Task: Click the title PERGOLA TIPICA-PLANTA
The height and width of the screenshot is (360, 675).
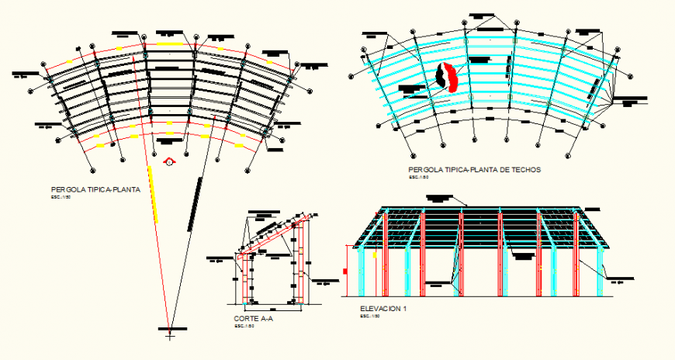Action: (x=95, y=189)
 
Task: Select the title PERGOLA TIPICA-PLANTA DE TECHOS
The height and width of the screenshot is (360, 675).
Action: (x=474, y=169)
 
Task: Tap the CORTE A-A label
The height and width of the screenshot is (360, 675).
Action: (x=253, y=319)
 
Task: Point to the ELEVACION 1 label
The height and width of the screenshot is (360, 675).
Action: (x=383, y=308)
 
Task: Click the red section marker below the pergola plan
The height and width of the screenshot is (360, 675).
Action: (x=170, y=162)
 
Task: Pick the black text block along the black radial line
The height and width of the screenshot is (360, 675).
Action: (x=195, y=202)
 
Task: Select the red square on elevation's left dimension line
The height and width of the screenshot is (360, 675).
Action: (x=344, y=271)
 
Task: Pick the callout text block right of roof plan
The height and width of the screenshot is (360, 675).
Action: (x=631, y=100)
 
